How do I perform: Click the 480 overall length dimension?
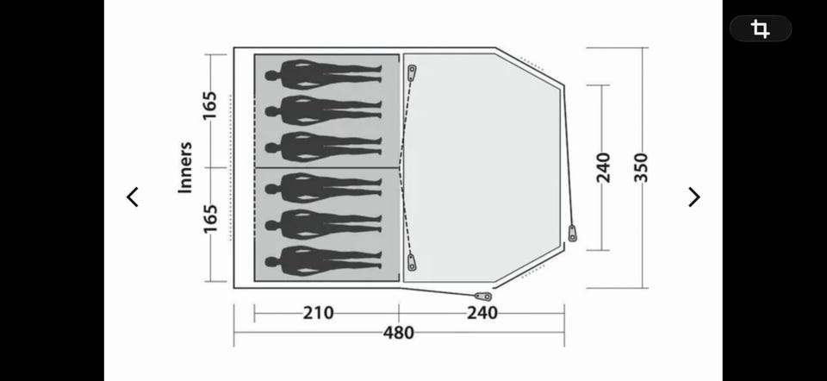tap(399, 333)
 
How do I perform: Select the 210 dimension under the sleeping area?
tap(318, 313)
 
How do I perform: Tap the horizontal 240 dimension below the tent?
tap(482, 313)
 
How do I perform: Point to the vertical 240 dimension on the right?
tap(603, 167)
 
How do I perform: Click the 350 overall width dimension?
tap(641, 167)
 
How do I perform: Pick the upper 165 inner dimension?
tap(210, 105)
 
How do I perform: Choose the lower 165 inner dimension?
tap(210, 218)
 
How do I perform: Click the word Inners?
tap(185, 167)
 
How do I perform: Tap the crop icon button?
tap(760, 28)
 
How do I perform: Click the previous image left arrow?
tap(133, 197)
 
